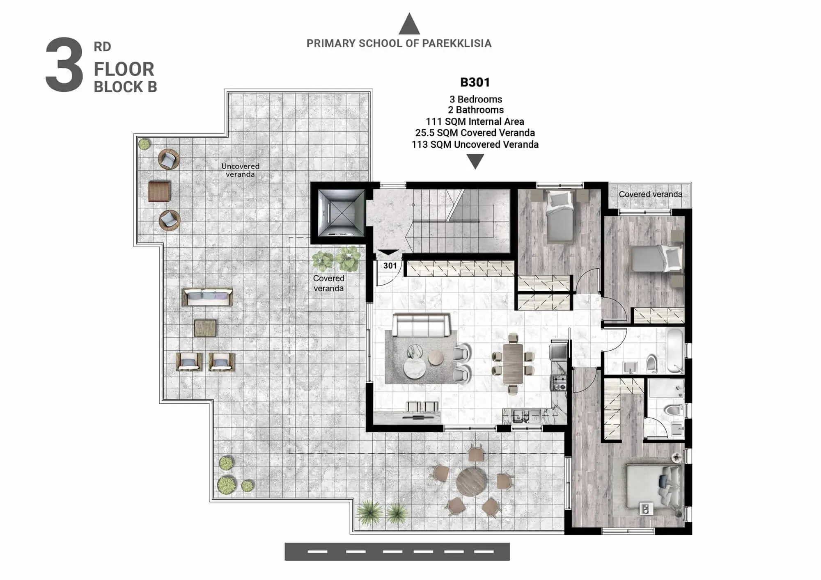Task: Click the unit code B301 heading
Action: tap(475, 82)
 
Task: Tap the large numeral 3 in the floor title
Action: tap(64, 65)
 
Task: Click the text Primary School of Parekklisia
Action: tap(399, 43)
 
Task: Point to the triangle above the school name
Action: tap(409, 24)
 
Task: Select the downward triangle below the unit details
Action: tap(475, 162)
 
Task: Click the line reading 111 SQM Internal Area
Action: tap(475, 122)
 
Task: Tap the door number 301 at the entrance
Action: tap(390, 266)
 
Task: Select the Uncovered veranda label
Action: tap(241, 170)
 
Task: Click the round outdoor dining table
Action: tap(472, 482)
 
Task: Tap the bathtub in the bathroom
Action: tap(675, 351)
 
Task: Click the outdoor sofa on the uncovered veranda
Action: tap(208, 297)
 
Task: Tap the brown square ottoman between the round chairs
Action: tap(160, 191)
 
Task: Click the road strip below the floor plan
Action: tap(397, 552)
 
